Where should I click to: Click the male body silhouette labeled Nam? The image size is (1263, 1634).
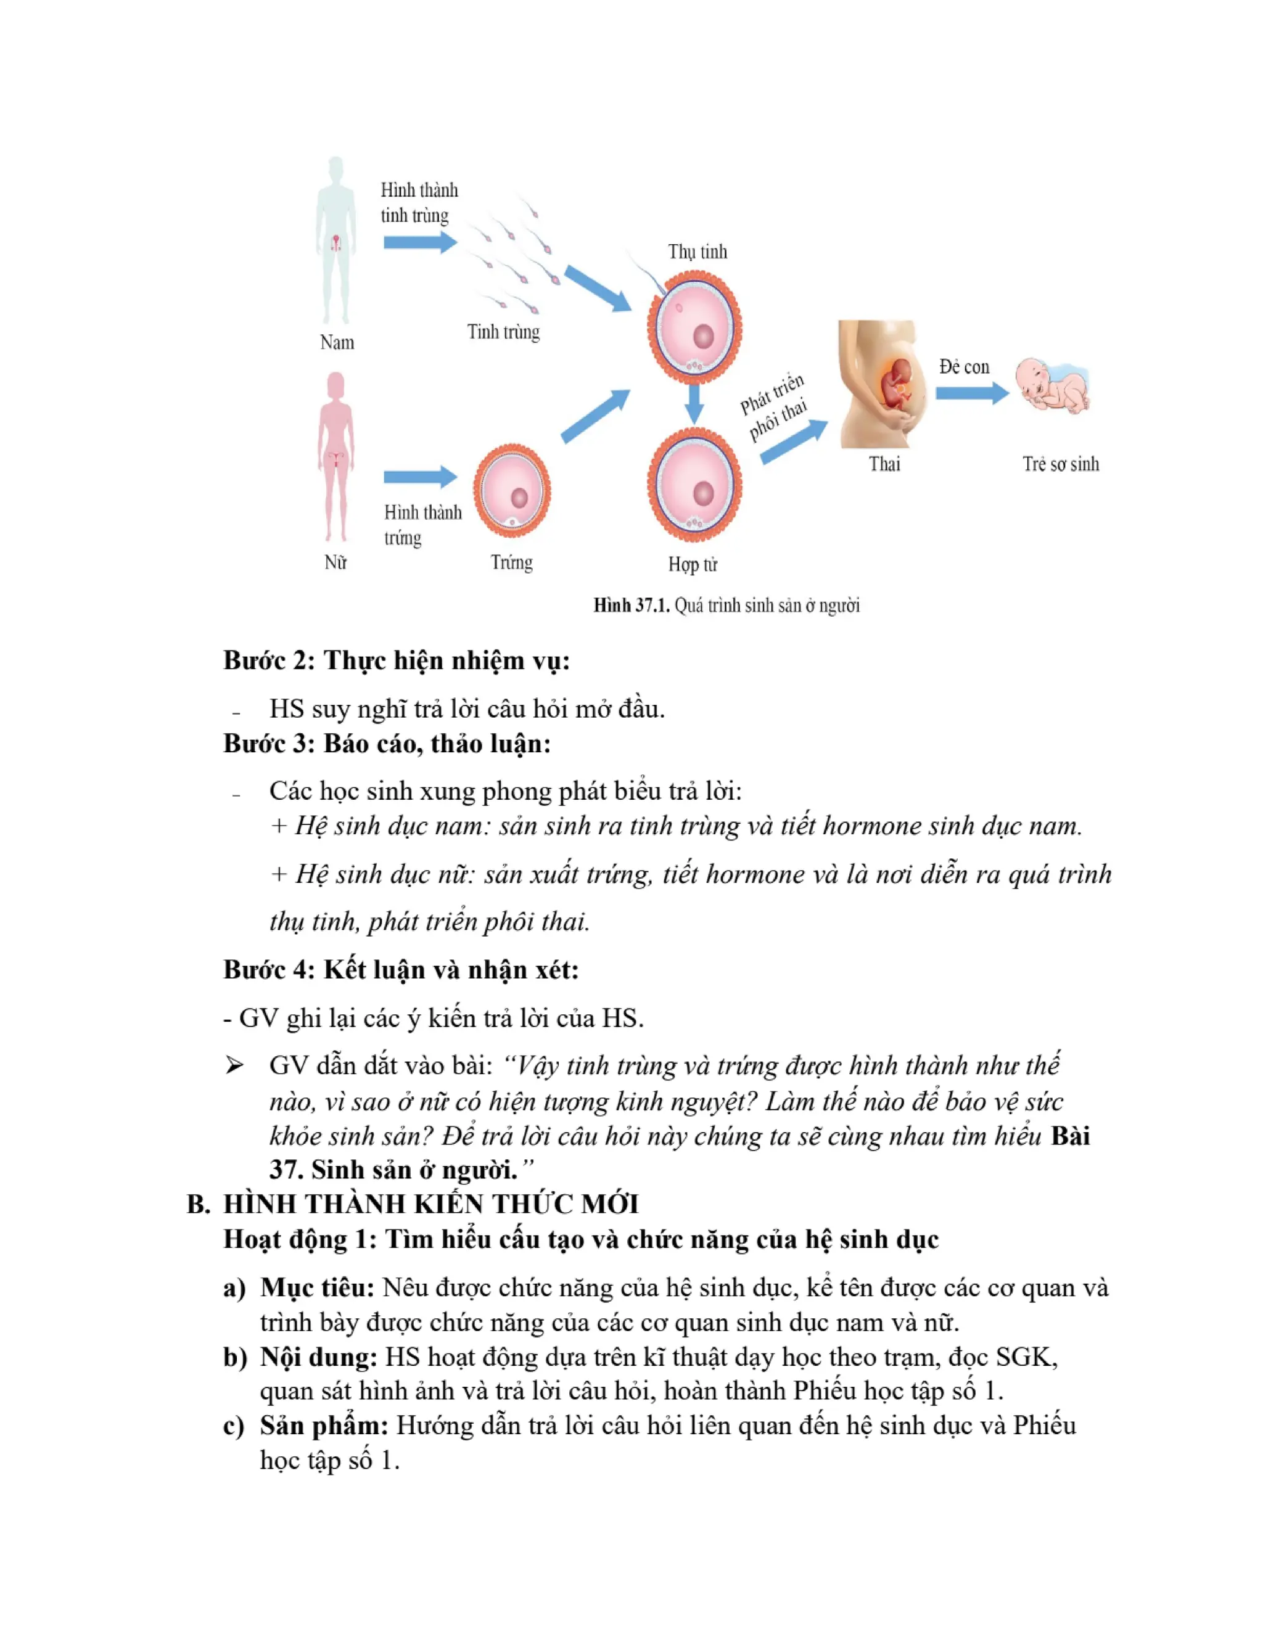336,239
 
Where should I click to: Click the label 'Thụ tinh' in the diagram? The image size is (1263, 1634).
697,252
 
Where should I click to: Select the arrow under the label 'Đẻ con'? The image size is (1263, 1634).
971,393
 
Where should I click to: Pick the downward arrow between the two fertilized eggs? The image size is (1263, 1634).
694,404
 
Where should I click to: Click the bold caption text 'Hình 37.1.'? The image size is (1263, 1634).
631,606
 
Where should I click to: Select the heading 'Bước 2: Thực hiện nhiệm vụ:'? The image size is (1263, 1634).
397,660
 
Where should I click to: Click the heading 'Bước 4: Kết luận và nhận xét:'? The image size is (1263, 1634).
401,970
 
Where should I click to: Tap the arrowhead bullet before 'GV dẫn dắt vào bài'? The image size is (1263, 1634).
234,1065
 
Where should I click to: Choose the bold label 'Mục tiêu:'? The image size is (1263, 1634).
316,1287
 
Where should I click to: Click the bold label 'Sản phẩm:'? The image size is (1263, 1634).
324,1425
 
